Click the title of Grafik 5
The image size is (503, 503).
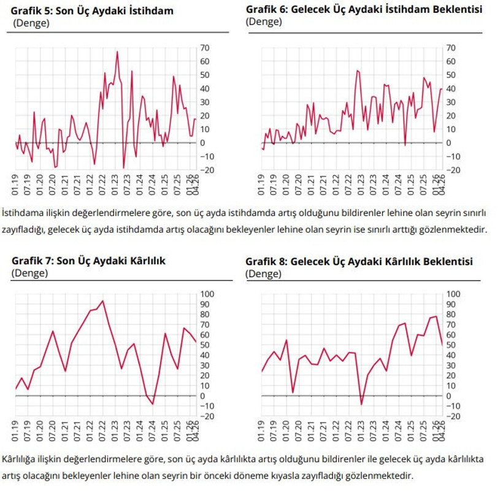(x=92, y=11)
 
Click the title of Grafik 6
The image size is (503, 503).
(x=364, y=10)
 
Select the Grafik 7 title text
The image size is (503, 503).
(x=88, y=261)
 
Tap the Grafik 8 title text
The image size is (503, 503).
(x=359, y=261)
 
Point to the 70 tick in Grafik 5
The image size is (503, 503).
(x=205, y=48)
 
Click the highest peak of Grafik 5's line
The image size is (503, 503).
(x=117, y=52)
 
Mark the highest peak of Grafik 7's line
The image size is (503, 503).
(x=102, y=301)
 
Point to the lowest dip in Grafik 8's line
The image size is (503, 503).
(x=362, y=404)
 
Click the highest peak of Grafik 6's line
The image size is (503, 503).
(x=357, y=71)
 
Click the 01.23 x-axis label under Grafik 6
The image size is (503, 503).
(x=358, y=185)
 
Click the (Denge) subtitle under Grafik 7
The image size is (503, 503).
(x=29, y=273)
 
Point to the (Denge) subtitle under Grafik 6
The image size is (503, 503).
(x=264, y=21)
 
